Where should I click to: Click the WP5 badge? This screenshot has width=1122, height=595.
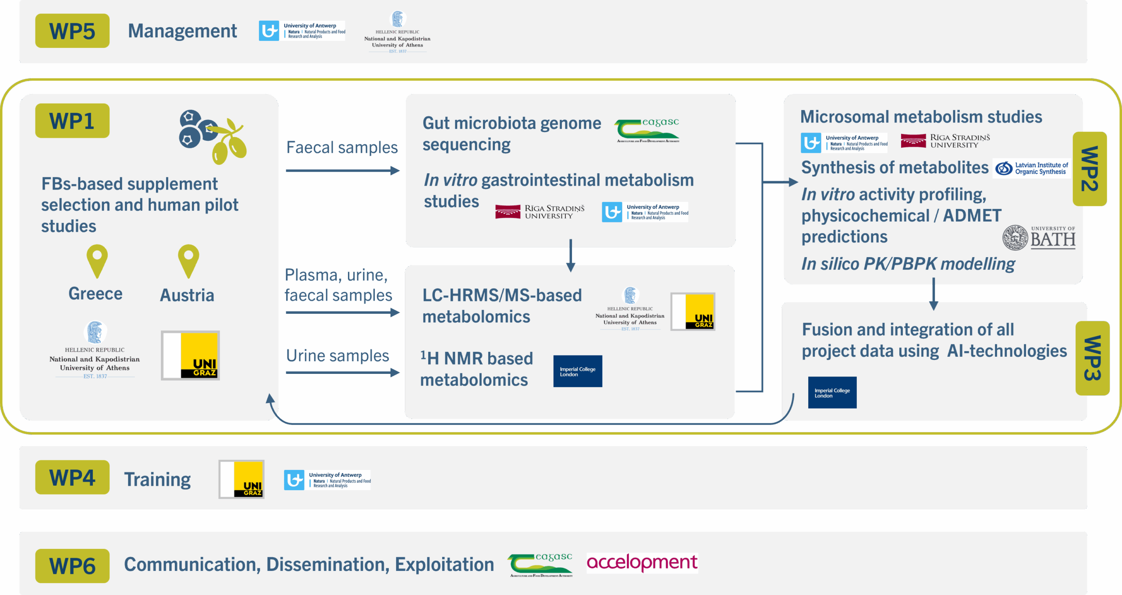[x=72, y=31]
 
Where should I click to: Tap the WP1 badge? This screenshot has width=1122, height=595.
[x=72, y=121]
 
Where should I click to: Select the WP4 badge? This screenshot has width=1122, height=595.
[x=72, y=477]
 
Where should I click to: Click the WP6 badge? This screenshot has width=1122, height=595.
[x=72, y=566]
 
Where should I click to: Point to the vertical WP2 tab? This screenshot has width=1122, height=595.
[x=1089, y=169]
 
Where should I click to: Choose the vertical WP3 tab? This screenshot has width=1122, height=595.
[x=1092, y=358]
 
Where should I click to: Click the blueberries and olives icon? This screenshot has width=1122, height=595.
[x=213, y=136]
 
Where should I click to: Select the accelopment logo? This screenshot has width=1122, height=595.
[x=642, y=563]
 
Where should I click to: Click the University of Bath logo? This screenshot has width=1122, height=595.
[x=1039, y=238]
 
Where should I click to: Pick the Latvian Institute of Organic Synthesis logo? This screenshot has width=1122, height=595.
[x=1032, y=168]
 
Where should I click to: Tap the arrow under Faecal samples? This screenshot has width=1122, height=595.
[x=342, y=170]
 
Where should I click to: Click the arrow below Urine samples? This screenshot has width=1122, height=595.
[x=342, y=373]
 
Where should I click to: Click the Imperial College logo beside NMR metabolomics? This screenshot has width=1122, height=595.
[x=578, y=371]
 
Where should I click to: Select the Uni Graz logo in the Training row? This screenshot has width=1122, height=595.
[x=241, y=479]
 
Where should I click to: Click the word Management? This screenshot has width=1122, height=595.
[x=182, y=31]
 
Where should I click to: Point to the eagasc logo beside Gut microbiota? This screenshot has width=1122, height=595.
[x=647, y=131]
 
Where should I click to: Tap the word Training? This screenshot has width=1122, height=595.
[x=157, y=479]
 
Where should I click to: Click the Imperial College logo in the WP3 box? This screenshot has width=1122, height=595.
[x=832, y=393]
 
